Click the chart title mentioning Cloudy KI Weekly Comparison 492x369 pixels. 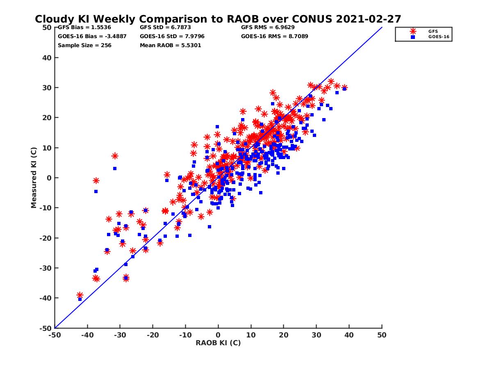(218, 19)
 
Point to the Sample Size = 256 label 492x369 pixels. (84, 45)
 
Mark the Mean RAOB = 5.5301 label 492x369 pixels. (170, 45)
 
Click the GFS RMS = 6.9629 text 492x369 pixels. (268, 27)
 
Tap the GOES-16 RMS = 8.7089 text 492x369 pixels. (275, 36)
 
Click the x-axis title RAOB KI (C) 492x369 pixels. (218, 343)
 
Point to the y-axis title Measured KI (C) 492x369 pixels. (34, 178)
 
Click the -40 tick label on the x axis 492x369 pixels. (87, 335)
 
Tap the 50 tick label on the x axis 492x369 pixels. (382, 335)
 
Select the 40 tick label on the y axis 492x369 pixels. (47, 57)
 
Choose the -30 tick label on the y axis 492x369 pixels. (46, 268)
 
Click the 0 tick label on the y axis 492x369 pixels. (49, 178)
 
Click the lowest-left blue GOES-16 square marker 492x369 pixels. (80, 299)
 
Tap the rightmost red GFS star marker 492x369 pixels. (344, 87)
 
